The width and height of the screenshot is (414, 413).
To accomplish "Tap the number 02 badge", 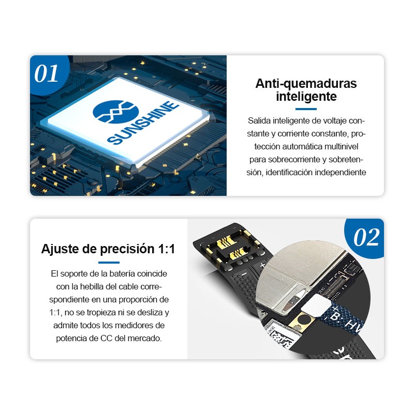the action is [366, 237].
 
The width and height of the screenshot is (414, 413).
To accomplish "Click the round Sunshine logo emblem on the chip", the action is [115, 112].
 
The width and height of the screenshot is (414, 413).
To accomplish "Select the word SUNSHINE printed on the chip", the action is [143, 123].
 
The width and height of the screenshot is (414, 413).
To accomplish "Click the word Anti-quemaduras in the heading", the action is [306, 83].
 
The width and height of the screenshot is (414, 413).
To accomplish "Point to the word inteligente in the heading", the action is [306, 96].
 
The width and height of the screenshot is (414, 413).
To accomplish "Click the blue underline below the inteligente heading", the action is [306, 109].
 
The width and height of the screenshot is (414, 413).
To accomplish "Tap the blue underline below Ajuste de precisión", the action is [109, 263].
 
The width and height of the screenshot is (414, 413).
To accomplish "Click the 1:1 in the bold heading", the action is [167, 249].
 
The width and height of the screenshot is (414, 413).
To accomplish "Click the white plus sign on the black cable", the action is [262, 265].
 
